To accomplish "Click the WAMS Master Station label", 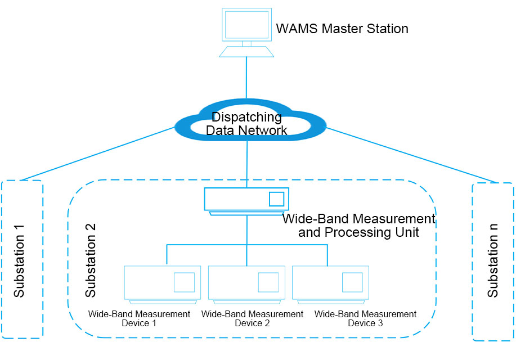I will (x=342, y=29).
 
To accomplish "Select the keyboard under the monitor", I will (x=246, y=51).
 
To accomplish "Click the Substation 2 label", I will (x=91, y=260).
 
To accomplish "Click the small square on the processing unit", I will (x=276, y=199).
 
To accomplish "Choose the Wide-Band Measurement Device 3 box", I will (x=331, y=282).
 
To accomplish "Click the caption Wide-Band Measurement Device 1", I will (x=140, y=318).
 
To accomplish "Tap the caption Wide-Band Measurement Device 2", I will (x=252, y=318).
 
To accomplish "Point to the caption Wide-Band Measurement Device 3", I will (x=365, y=318).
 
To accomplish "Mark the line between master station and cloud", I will (x=246, y=79).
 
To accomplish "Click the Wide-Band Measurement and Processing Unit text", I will (x=358, y=226).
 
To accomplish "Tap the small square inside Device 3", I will (x=352, y=282).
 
